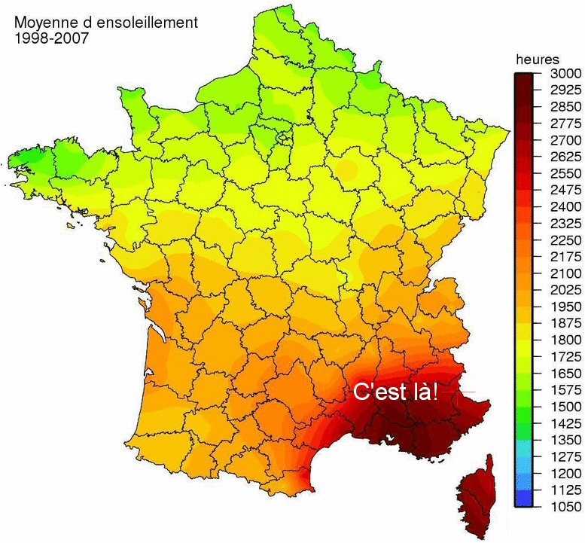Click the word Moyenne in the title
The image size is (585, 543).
[43, 23]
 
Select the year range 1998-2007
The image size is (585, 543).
[51, 38]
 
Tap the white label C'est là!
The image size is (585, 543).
[396, 392]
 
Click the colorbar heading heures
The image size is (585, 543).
[537, 59]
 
